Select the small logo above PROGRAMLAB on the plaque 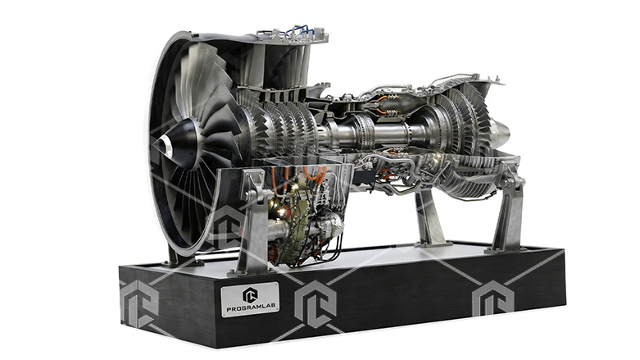(250, 294)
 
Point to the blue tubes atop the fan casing (301, 30)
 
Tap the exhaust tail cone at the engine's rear (501, 131)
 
